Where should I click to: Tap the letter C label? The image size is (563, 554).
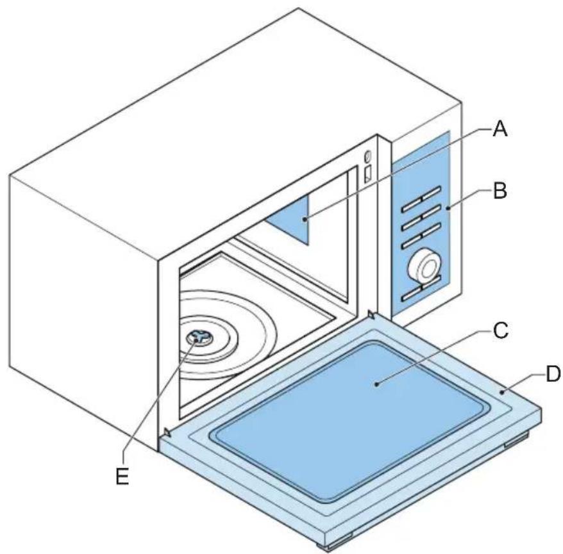(500, 331)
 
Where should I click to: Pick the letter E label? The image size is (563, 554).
(122, 476)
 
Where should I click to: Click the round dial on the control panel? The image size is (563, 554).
(426, 266)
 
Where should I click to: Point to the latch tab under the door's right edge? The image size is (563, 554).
(515, 442)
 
